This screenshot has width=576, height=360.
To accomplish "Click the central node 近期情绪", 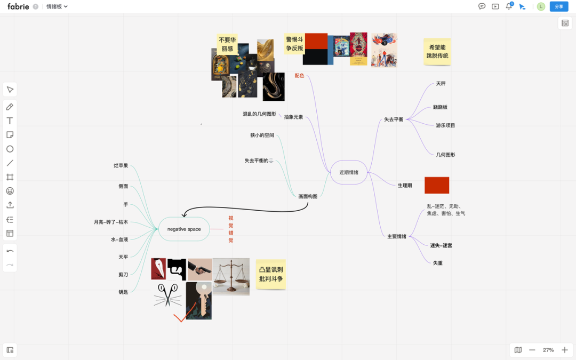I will click(349, 172).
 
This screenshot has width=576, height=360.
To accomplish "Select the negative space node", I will click(184, 229).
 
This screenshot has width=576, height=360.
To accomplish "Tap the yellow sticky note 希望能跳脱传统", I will click(437, 52).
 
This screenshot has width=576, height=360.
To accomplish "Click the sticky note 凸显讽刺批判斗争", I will click(271, 274).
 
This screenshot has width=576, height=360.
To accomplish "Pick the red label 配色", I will click(299, 76).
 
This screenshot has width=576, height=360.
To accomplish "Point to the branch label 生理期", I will click(405, 186).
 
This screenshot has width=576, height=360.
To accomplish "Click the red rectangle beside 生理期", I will click(437, 185).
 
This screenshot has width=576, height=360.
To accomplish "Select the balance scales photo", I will click(231, 276).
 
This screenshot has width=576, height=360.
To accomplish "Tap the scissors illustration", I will click(167, 295).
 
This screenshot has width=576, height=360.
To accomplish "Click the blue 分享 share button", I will click(559, 6).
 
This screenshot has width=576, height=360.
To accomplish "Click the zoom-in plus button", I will click(565, 350).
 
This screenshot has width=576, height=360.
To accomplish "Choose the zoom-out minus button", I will click(532, 350).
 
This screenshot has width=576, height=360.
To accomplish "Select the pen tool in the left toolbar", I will click(10, 107).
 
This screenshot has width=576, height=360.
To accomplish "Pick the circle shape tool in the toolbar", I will click(10, 149).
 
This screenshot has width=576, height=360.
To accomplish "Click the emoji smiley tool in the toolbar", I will click(10, 191).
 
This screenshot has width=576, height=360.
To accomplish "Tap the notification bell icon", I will click(509, 6).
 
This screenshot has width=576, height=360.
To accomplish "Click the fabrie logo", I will click(18, 6).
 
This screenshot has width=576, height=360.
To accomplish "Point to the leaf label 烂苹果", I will click(121, 166).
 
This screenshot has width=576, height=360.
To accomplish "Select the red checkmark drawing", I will click(180, 318).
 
